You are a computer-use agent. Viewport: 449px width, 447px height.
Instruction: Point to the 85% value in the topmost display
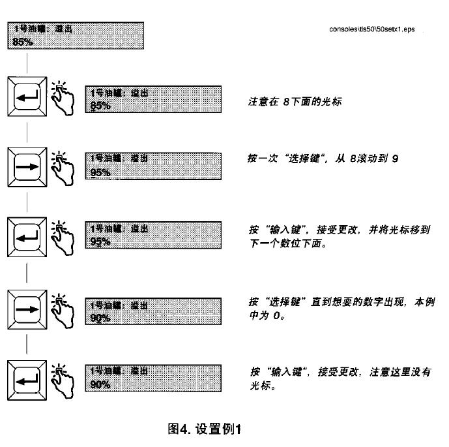23,43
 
